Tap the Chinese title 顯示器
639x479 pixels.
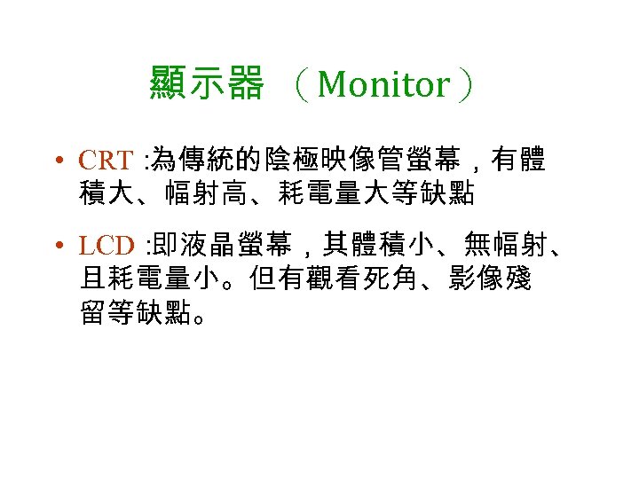(x=207, y=85)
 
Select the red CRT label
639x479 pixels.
(x=106, y=161)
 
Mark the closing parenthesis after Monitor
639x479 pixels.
(x=464, y=85)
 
